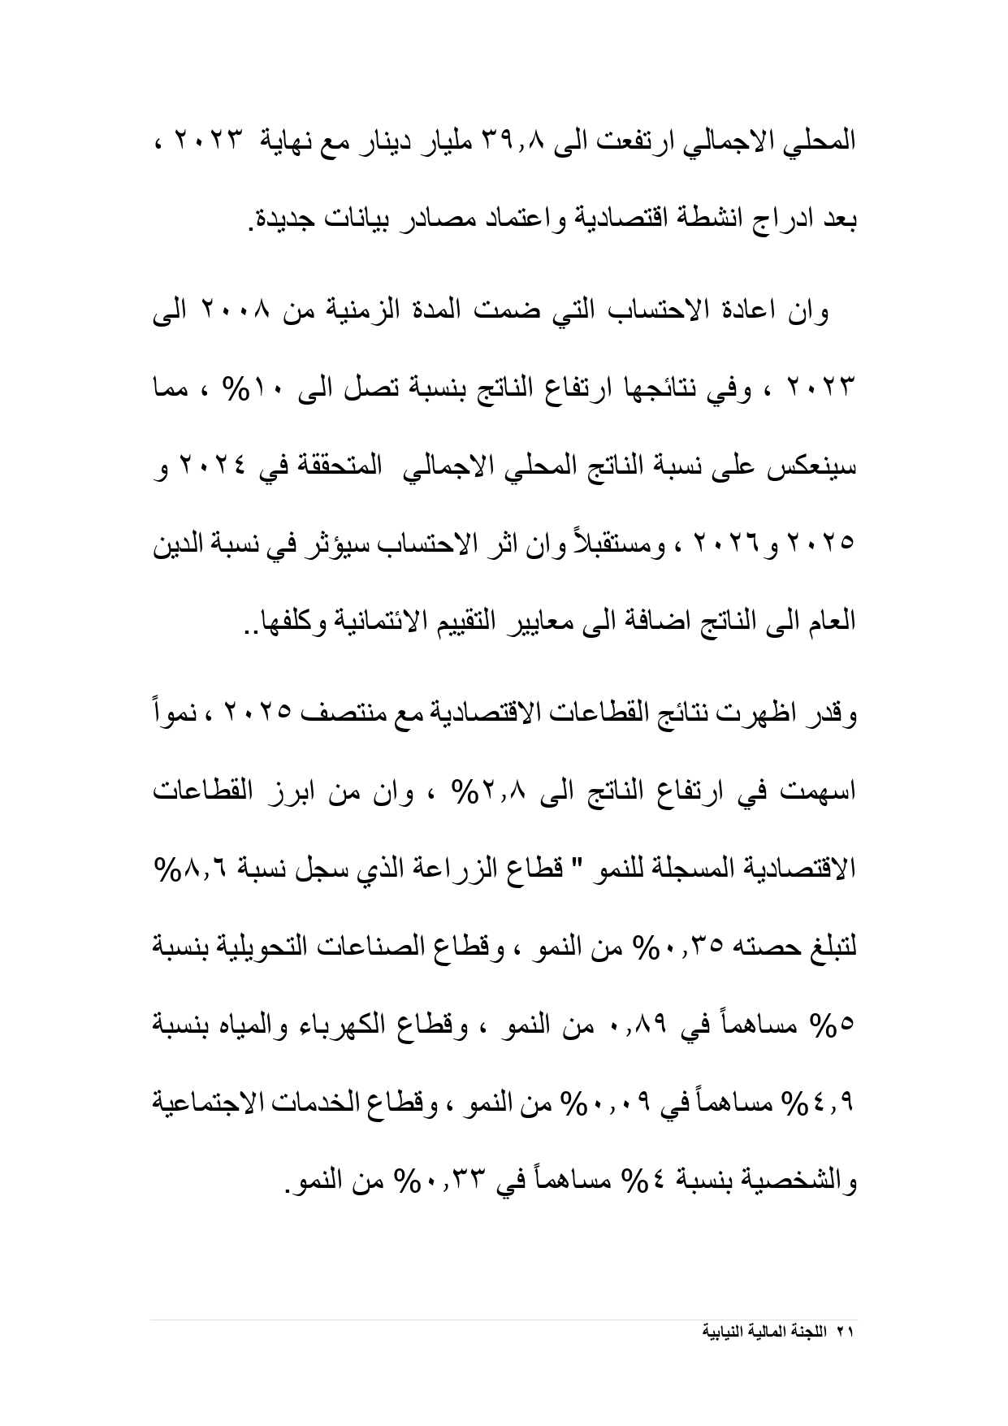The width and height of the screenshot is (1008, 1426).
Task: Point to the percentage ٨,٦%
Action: coord(186,869)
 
